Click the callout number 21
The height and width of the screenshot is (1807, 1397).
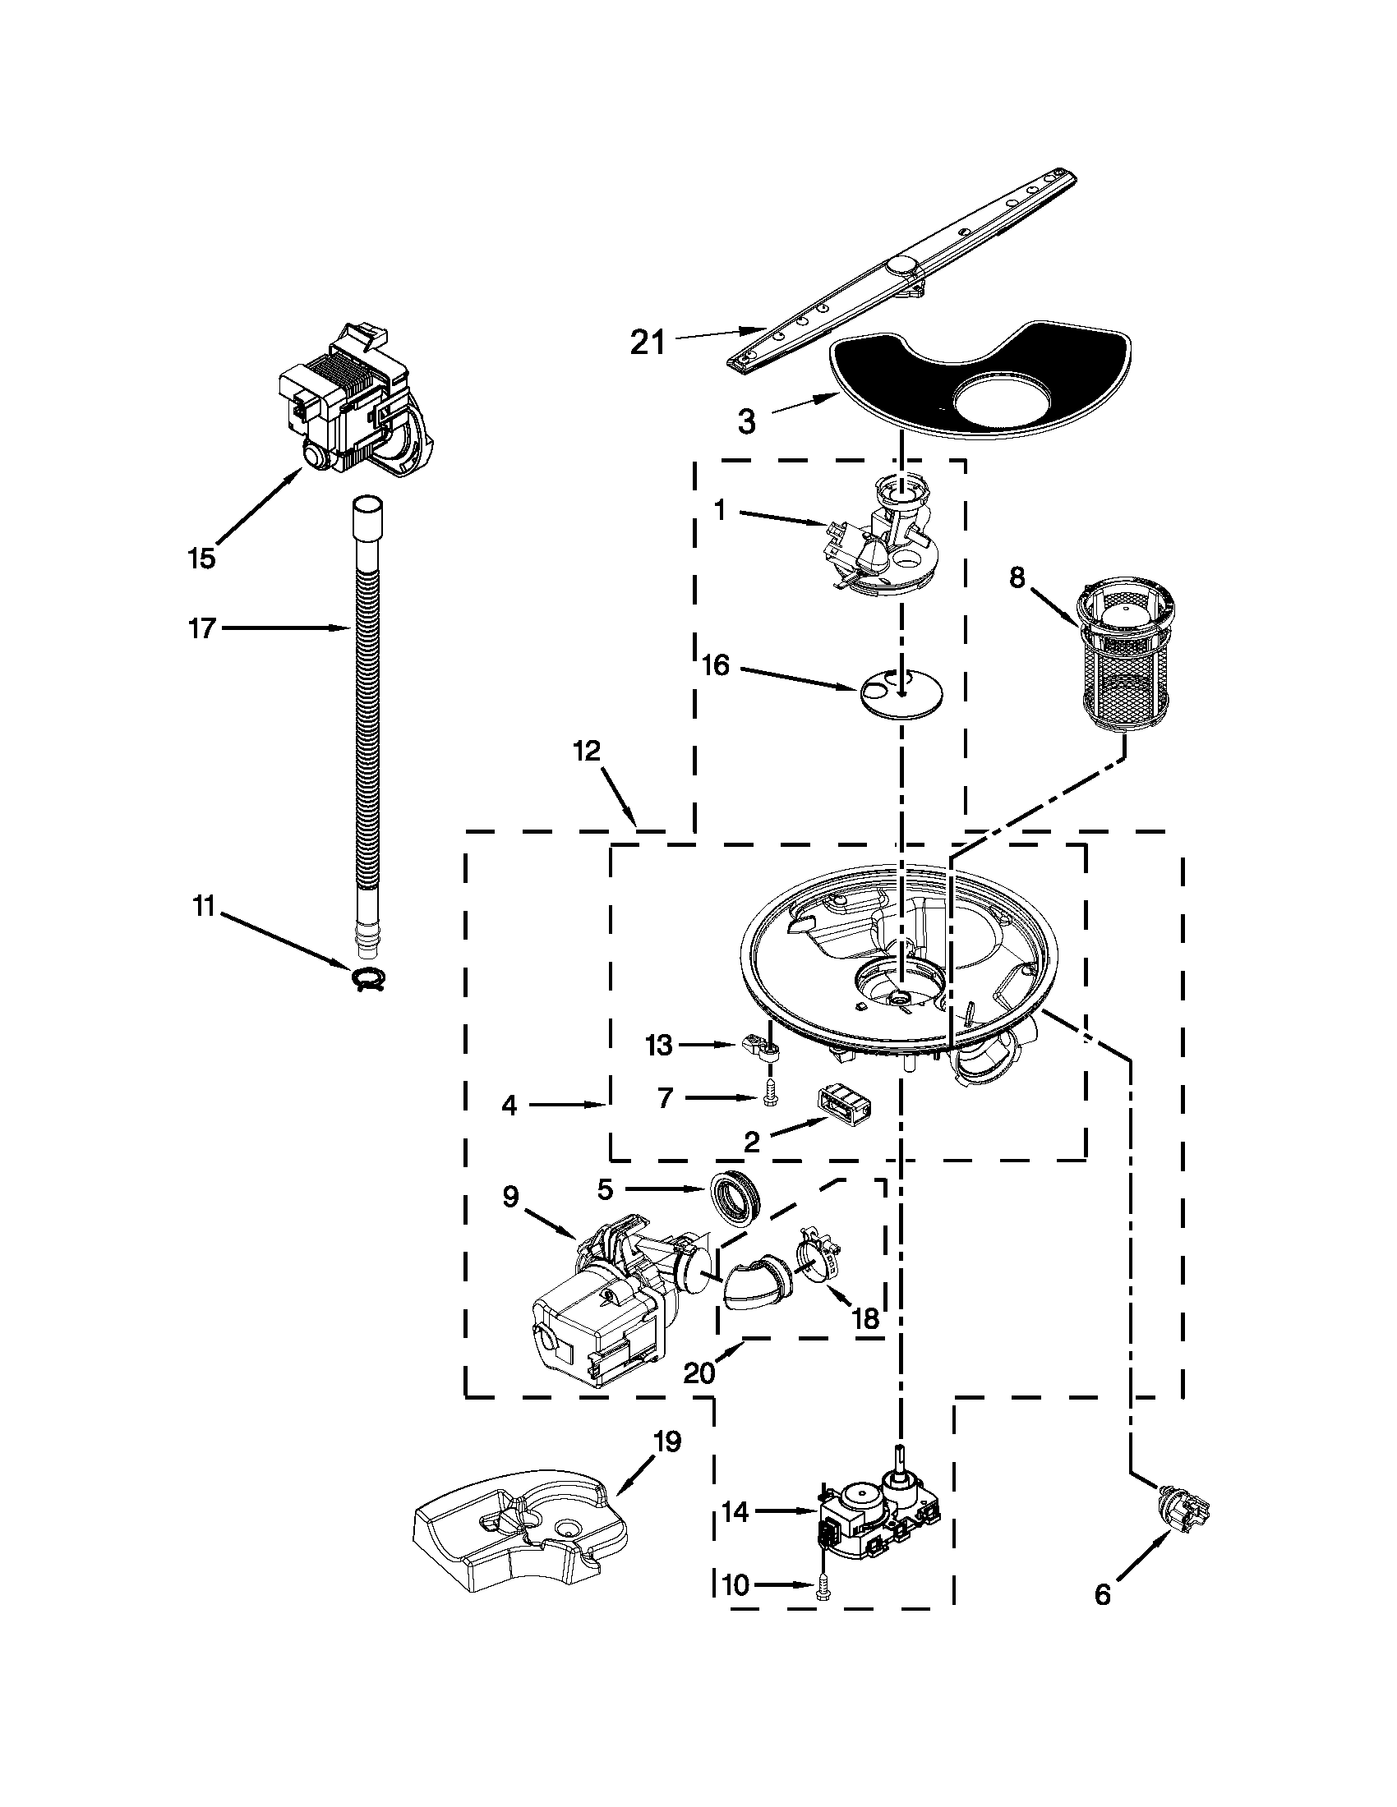pos(648,341)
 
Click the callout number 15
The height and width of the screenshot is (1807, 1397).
pos(201,558)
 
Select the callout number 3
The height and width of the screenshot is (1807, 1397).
pos(746,422)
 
